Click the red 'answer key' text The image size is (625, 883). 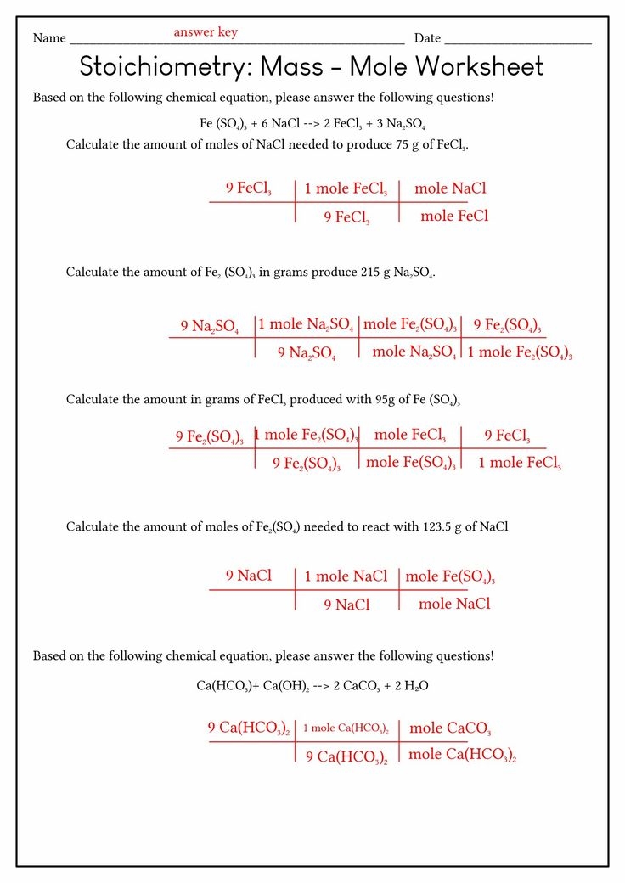tap(206, 32)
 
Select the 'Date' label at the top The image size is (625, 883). tap(427, 38)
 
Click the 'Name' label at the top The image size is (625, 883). tap(49, 38)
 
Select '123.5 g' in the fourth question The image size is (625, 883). tap(442, 527)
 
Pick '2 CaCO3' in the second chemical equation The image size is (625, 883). tap(363, 685)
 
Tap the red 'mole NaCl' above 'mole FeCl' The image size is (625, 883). tap(450, 188)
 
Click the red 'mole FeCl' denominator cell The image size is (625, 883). tap(454, 217)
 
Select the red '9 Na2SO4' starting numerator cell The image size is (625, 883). tap(209, 326)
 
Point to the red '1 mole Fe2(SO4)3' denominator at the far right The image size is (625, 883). tap(520, 352)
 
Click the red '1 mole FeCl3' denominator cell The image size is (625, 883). tap(520, 463)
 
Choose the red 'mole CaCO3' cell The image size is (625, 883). tap(450, 728)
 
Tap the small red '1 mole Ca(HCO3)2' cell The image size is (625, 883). tap(346, 728)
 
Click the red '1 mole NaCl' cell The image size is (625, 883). tap(346, 576)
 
